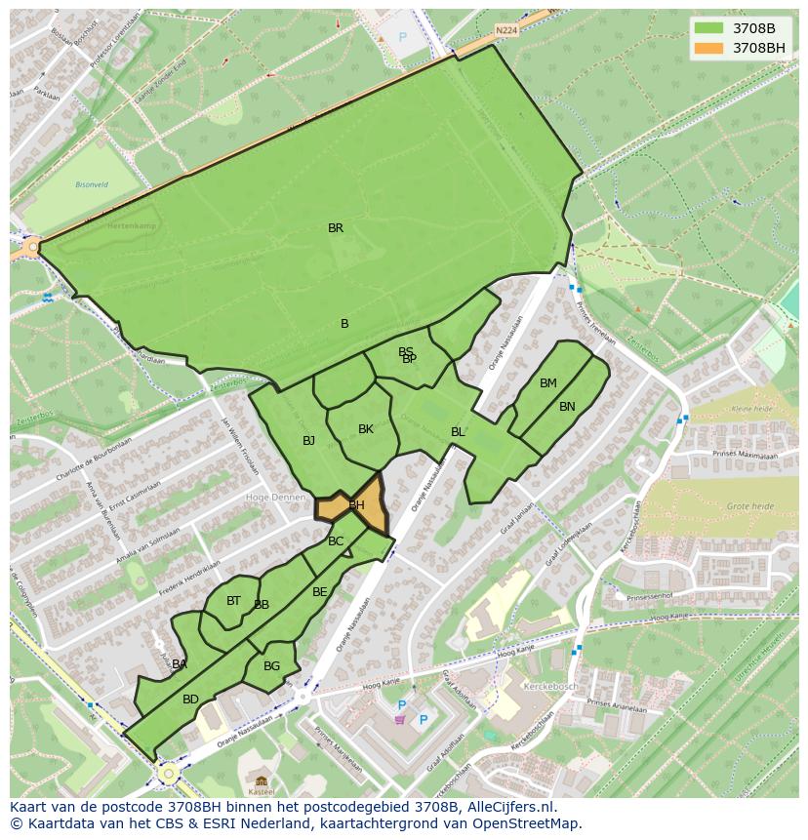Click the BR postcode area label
click(x=336, y=228)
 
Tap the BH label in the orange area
click(x=356, y=505)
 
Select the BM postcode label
click(x=548, y=383)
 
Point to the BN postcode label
click(x=567, y=407)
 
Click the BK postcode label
click(x=366, y=429)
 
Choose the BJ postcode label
click(x=308, y=441)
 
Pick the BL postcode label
click(x=458, y=432)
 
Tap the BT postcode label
click(x=233, y=601)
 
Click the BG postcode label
click(x=271, y=666)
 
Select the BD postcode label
click(x=190, y=700)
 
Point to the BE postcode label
click(x=320, y=592)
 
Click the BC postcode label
click(x=336, y=541)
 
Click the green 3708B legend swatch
click(x=709, y=28)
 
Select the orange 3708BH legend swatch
click(x=709, y=48)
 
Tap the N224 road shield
click(x=505, y=31)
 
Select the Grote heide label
click(x=750, y=506)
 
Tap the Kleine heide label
click(x=752, y=409)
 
